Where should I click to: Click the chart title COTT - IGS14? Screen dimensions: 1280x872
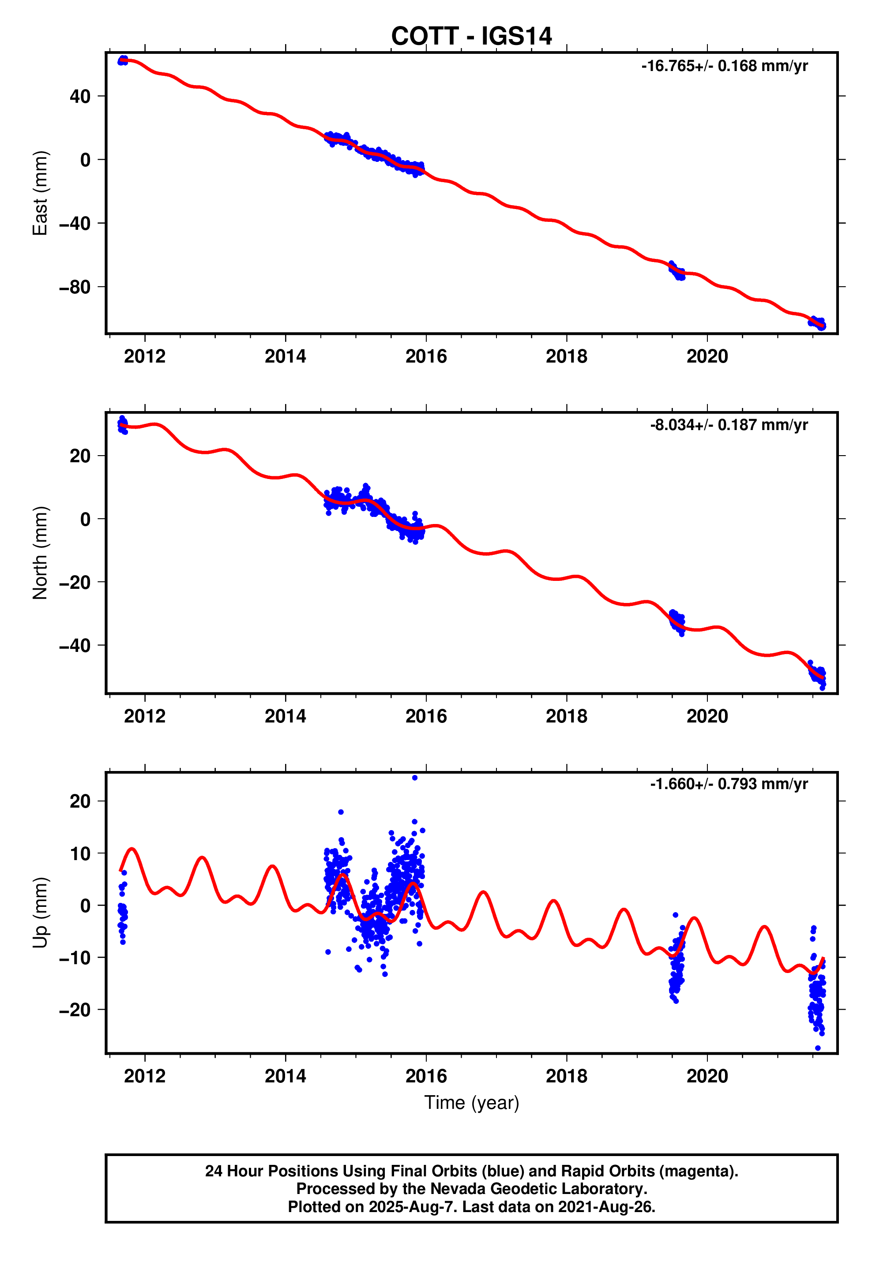click(x=471, y=36)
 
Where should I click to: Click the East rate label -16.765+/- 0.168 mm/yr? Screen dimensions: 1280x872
click(x=724, y=66)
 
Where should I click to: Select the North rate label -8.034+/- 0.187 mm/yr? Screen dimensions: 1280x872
click(x=728, y=425)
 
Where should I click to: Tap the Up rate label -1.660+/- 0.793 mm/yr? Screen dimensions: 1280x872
click(x=728, y=784)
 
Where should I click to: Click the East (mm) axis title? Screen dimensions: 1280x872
click(x=40, y=193)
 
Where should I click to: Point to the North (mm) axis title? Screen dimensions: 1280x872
click(x=40, y=552)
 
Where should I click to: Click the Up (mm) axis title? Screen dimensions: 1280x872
click(x=40, y=912)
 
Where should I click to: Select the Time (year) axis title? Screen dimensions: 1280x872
click(x=471, y=1103)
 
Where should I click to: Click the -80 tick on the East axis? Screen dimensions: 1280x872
click(x=75, y=288)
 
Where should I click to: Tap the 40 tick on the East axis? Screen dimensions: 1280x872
click(x=80, y=97)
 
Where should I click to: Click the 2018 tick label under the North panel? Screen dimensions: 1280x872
click(x=566, y=716)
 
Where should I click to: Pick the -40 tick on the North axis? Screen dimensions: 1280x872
click(x=75, y=645)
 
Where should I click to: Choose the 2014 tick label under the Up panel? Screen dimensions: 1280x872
click(x=285, y=1076)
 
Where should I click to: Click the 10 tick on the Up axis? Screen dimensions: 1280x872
click(x=80, y=853)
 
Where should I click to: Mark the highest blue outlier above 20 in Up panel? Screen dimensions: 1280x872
click(x=414, y=778)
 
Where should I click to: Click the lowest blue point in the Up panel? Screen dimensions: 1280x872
click(x=817, y=1048)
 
